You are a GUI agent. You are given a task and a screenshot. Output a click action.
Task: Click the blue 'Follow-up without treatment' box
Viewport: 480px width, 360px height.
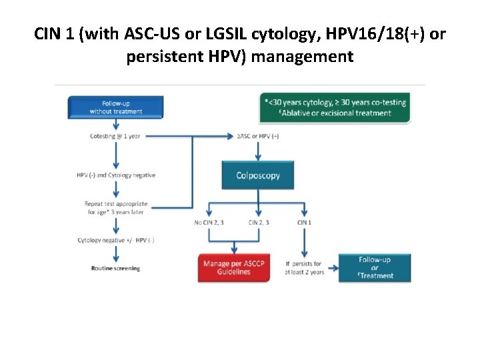point(115,107)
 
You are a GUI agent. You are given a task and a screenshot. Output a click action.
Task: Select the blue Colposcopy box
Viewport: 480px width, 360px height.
point(257,176)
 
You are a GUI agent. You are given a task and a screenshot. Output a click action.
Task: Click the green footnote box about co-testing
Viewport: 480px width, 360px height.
point(335,108)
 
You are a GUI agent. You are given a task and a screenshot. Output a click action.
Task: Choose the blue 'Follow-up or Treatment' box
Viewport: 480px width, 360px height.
point(375,267)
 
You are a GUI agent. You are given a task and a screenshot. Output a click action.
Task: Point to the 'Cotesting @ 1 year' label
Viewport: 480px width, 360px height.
point(115,137)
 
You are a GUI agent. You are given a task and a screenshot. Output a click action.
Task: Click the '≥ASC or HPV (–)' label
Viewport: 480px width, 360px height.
point(257,137)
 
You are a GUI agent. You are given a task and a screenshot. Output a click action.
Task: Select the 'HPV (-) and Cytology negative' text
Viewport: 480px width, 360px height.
point(115,175)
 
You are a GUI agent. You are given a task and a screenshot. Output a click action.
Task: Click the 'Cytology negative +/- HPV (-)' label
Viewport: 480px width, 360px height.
point(115,240)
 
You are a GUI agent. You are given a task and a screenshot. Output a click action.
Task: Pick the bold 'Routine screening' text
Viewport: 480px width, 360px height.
point(115,268)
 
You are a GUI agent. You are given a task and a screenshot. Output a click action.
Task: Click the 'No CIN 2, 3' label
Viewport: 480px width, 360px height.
point(208,222)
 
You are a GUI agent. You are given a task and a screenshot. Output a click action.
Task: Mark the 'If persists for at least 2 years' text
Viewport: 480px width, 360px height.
point(304,268)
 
